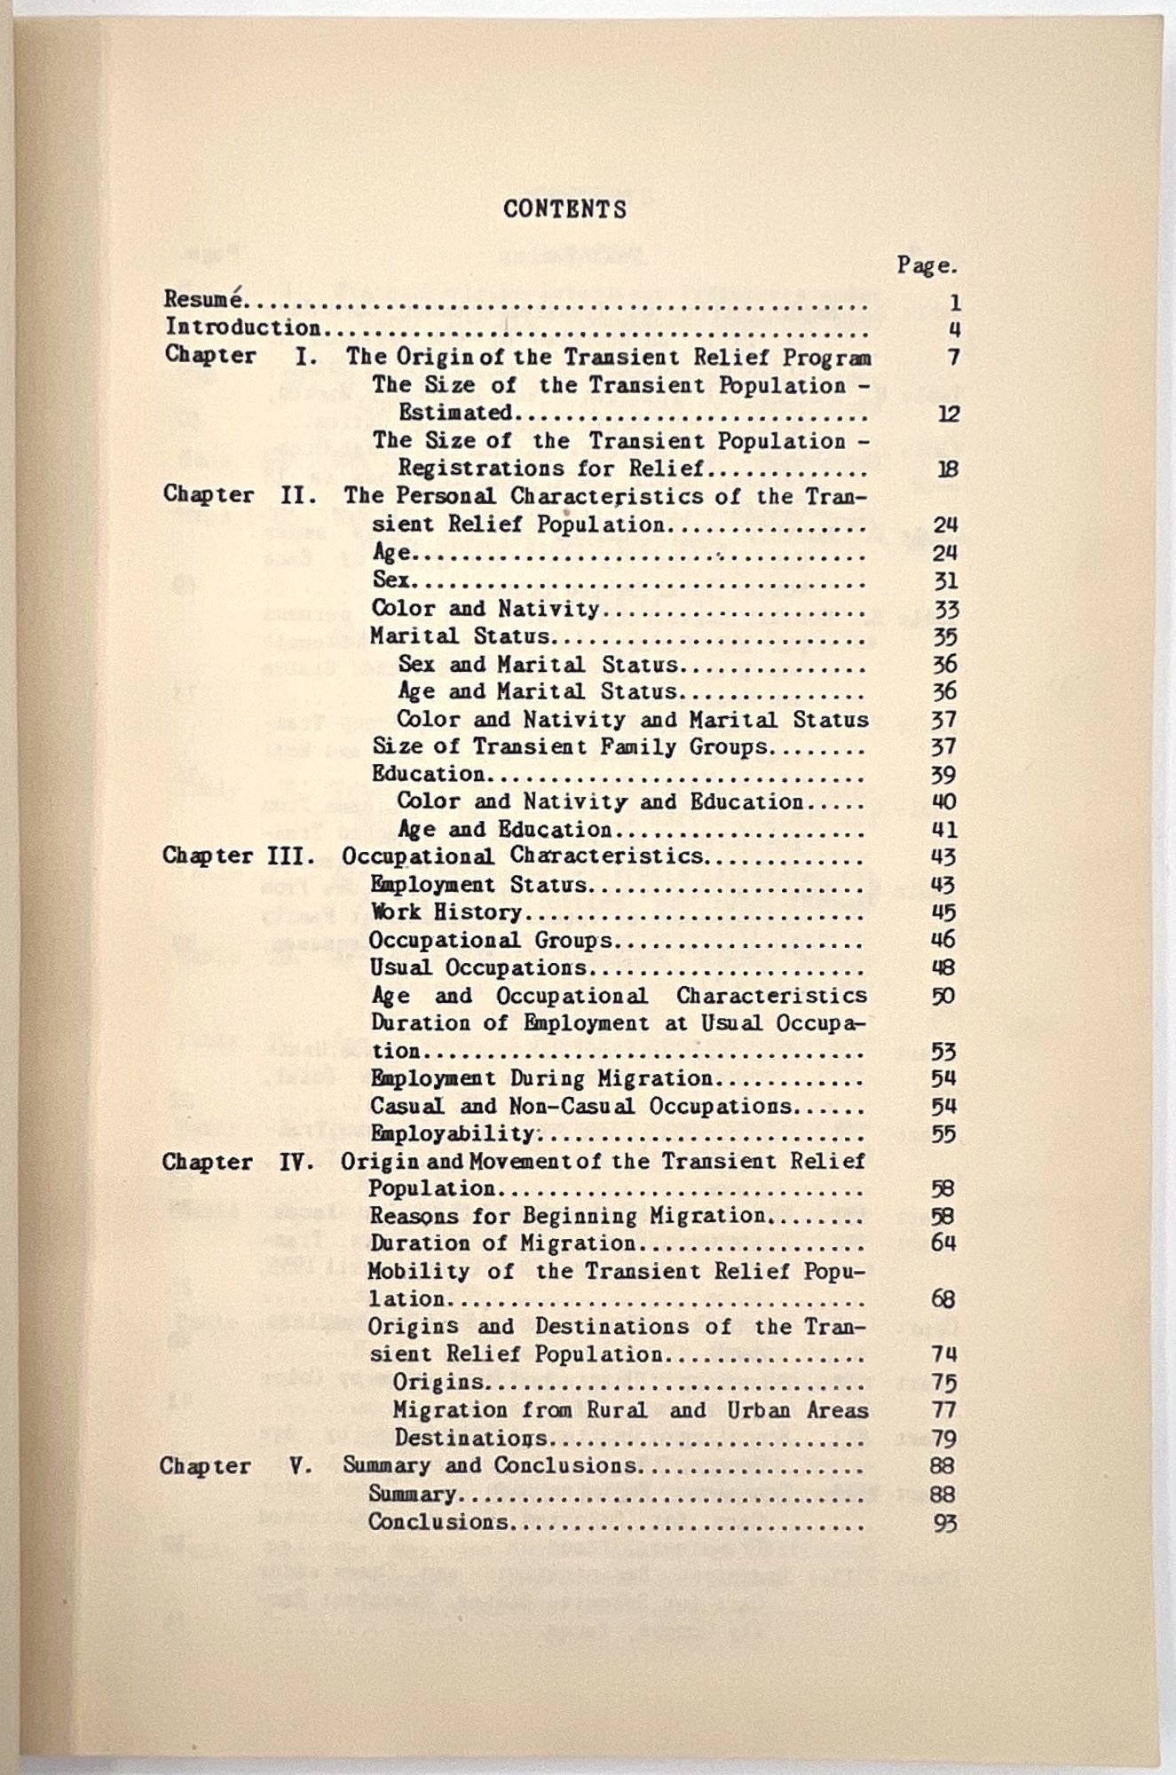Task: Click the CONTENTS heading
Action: coord(564,209)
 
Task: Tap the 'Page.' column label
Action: coord(927,265)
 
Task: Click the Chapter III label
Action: coord(239,856)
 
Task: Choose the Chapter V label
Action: coord(235,1465)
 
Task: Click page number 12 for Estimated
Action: coord(948,414)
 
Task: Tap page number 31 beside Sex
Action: coord(945,581)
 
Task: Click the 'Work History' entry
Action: coord(446,911)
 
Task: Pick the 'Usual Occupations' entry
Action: coord(478,967)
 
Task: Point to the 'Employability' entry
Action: coord(453,1133)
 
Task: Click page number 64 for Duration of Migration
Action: coord(943,1242)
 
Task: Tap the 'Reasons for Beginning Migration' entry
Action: coord(566,1215)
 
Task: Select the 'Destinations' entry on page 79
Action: coord(470,1437)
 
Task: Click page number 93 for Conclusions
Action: coord(944,1523)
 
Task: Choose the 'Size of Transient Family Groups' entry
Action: coord(569,746)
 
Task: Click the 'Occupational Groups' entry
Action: coord(490,940)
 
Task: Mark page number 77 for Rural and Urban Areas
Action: coord(943,1409)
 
